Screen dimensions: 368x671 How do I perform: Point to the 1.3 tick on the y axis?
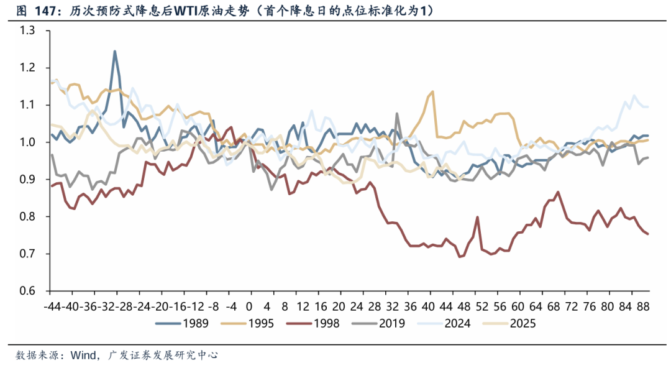(x=28, y=30)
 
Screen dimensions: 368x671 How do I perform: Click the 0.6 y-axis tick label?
(x=28, y=291)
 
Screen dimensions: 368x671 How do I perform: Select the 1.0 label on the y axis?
(x=28, y=142)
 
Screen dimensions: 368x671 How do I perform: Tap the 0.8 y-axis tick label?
(x=28, y=217)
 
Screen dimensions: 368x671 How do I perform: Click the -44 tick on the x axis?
(x=53, y=306)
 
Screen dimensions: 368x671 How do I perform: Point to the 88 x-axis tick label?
(x=644, y=306)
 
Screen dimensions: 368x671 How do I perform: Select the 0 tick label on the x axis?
(x=249, y=306)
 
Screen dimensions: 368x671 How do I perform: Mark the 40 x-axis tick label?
(x=429, y=306)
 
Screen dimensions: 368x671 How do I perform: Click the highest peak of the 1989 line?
(x=115, y=52)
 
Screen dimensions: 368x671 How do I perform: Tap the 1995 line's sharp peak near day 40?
(x=432, y=91)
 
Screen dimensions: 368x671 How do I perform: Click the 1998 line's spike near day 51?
(x=477, y=217)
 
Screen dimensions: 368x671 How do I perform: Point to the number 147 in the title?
(x=44, y=11)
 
